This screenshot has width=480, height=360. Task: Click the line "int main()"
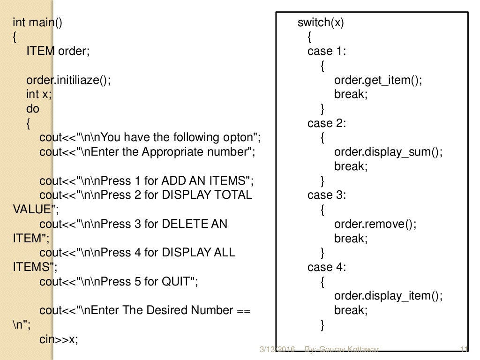coord(37,23)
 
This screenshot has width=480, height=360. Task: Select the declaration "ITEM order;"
coord(57,52)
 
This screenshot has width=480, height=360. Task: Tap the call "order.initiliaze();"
coord(68,80)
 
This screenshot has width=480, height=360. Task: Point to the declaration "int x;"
coord(39,94)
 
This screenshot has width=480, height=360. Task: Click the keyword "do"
coord(33,109)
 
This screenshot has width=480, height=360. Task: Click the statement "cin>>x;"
coord(59,339)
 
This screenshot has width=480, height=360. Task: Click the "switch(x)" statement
coord(321,23)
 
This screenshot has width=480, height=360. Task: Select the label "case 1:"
coord(327,52)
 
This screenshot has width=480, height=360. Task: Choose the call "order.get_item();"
coord(378,80)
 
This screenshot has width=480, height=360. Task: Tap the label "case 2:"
coord(327,123)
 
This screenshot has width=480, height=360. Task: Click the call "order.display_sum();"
coord(388,152)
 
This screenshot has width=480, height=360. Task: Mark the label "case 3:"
coord(327,195)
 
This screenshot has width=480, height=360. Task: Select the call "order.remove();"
coord(375,224)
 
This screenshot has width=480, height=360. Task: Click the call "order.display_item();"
coord(388,296)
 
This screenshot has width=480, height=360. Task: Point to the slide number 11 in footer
coord(465,349)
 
